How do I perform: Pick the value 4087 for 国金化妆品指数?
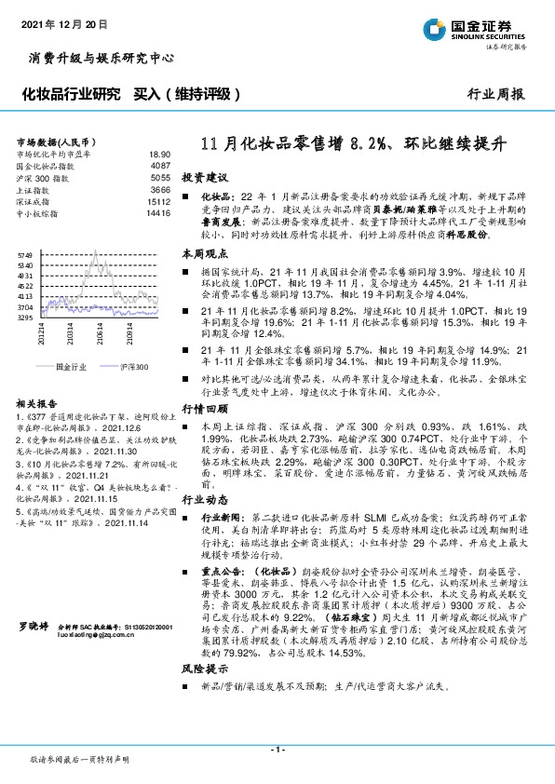pos(159,165)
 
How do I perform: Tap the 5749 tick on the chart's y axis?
pos(24,254)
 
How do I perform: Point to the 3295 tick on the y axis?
pos(24,318)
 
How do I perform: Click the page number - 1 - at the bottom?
pos(277,749)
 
